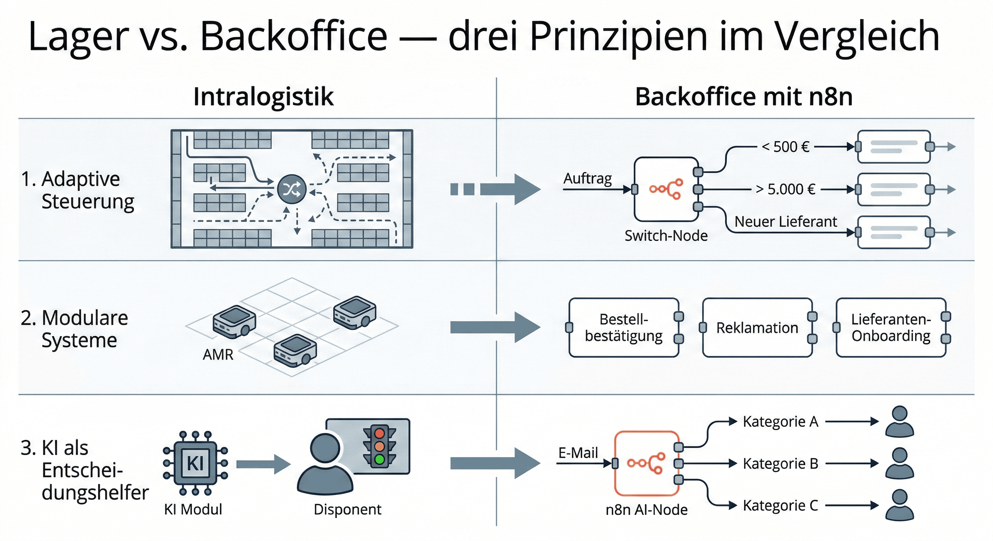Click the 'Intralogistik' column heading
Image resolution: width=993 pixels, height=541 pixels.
(x=263, y=96)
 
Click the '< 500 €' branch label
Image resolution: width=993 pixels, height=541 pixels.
(x=786, y=147)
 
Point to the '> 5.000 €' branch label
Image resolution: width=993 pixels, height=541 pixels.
(x=786, y=189)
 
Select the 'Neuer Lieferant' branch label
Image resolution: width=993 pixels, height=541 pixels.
(x=786, y=222)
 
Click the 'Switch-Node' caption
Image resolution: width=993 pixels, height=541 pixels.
(x=666, y=236)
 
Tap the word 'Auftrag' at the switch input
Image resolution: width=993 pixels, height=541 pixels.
(x=587, y=179)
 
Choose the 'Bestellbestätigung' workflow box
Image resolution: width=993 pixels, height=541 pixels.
(x=624, y=328)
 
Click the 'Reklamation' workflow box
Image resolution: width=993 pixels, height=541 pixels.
(x=757, y=328)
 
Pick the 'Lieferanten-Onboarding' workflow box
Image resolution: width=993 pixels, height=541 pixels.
(x=891, y=328)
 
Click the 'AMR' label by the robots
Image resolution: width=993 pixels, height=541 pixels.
(x=218, y=355)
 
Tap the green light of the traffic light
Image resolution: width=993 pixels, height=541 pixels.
(x=380, y=459)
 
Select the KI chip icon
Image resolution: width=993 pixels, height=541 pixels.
(x=195, y=463)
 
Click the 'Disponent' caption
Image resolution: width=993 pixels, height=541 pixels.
(x=347, y=509)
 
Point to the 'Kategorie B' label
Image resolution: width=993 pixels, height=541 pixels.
(x=781, y=464)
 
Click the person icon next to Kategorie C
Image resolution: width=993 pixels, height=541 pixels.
(x=899, y=505)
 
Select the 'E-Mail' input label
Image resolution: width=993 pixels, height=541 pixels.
(x=578, y=453)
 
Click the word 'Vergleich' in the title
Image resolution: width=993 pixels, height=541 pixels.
(x=857, y=37)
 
